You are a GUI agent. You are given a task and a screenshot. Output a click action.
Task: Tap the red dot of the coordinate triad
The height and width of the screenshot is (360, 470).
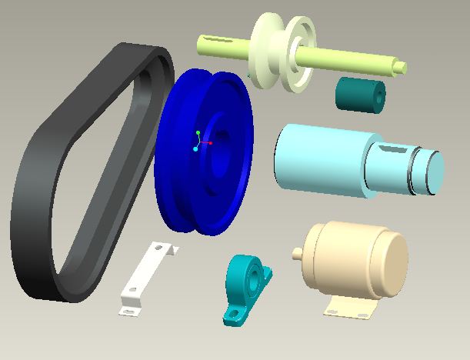point(210,142)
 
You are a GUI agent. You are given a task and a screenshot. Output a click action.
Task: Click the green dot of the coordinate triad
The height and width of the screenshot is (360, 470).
point(198,134)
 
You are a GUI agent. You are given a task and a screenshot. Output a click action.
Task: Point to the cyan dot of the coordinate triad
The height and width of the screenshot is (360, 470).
point(195,148)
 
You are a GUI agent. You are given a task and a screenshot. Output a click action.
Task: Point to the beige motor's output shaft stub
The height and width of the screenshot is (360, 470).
point(296,251)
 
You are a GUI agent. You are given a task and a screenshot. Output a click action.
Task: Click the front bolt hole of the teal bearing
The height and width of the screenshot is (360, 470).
point(232,315)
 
